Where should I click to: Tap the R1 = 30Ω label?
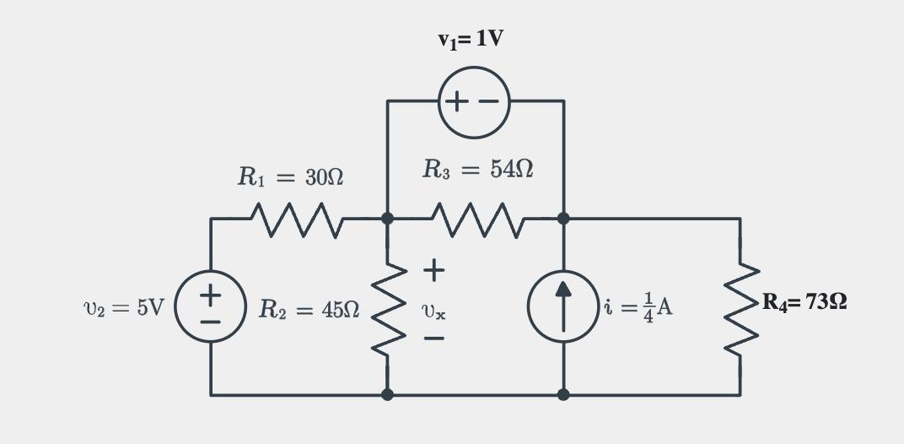289,177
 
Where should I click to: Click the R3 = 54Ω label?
478,170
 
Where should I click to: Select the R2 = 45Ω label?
309,308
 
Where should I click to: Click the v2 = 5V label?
124,307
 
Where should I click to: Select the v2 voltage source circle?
211,307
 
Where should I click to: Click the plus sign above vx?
433,271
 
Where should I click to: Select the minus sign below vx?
433,340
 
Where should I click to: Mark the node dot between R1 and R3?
388,219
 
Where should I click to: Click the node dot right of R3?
563,219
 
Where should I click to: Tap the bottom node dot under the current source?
563,394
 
